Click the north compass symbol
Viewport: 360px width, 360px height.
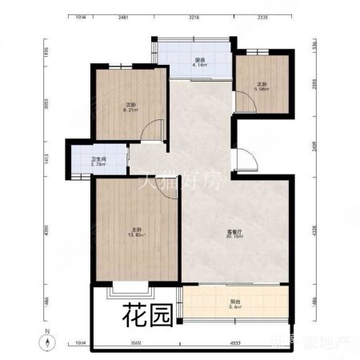tap(50, 342)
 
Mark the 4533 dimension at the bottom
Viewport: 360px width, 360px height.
tap(234, 342)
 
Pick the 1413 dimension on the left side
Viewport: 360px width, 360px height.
tap(48, 158)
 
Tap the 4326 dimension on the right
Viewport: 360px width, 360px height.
tap(314, 232)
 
